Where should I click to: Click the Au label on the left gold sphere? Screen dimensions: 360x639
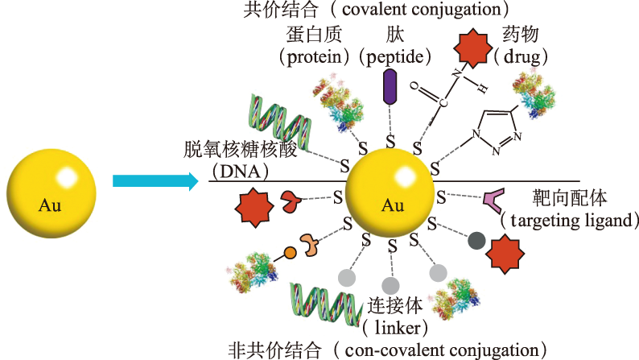tap(50, 205)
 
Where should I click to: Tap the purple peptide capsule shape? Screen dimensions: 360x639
tap(390, 87)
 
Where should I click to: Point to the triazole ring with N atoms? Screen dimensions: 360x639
tap(493, 129)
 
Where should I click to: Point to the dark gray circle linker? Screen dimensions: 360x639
tap(476, 239)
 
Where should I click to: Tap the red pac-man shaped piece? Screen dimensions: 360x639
tap(289, 202)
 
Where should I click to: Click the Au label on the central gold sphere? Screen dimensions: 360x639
tap(393, 205)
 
